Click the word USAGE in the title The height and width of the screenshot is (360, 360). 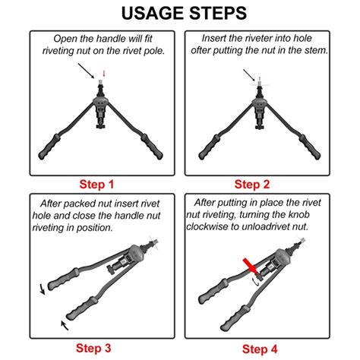point(153,13)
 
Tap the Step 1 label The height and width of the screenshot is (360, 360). point(96,185)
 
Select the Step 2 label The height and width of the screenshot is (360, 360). point(252,185)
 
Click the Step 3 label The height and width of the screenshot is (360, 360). point(93,348)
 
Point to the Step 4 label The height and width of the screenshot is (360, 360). point(260,349)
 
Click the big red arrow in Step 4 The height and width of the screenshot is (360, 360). point(251,267)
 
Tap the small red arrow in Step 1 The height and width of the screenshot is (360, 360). point(103,74)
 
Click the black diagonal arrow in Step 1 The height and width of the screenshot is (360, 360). point(86,71)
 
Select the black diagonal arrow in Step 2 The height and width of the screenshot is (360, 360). point(250,75)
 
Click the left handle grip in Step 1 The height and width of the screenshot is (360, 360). point(49,147)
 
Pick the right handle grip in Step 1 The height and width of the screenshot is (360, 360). point(152,147)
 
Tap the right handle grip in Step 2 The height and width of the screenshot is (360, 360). point(310,147)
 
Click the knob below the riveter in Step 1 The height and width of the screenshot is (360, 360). point(101,126)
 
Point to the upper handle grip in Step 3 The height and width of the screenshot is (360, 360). point(63,279)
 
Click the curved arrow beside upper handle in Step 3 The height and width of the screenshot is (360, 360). point(42,289)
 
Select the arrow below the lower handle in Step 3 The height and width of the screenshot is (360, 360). point(65,325)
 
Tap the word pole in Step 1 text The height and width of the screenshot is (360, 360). point(154,51)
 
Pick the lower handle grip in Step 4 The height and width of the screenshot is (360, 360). point(235,318)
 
